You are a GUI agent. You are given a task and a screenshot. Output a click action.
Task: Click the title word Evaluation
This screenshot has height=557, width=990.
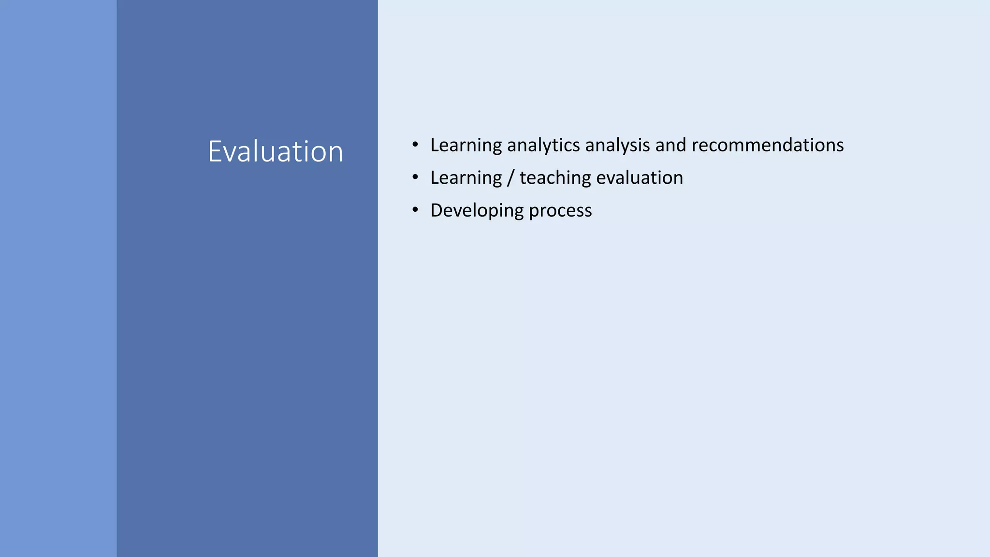(x=276, y=151)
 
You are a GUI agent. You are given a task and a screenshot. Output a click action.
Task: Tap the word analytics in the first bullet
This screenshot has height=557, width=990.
(x=543, y=146)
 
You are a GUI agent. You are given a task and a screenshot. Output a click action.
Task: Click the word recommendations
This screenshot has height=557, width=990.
(x=768, y=145)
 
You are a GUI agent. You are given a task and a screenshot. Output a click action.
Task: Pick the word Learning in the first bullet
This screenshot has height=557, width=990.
(x=466, y=146)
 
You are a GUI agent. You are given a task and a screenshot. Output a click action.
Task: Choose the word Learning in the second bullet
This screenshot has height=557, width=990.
(x=466, y=178)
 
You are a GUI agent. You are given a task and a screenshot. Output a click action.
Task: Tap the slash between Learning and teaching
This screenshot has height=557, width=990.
(x=510, y=178)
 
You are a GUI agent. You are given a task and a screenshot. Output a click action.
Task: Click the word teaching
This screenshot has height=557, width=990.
(x=555, y=178)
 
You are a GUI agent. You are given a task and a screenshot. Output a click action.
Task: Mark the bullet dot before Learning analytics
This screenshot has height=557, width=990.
(x=415, y=145)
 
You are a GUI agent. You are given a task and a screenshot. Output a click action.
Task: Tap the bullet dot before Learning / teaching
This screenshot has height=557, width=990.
(x=415, y=177)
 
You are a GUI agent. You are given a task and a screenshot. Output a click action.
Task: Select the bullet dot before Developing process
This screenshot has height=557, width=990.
(x=415, y=210)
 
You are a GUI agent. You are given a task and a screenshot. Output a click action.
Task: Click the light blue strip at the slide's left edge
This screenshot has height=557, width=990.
(x=58, y=278)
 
